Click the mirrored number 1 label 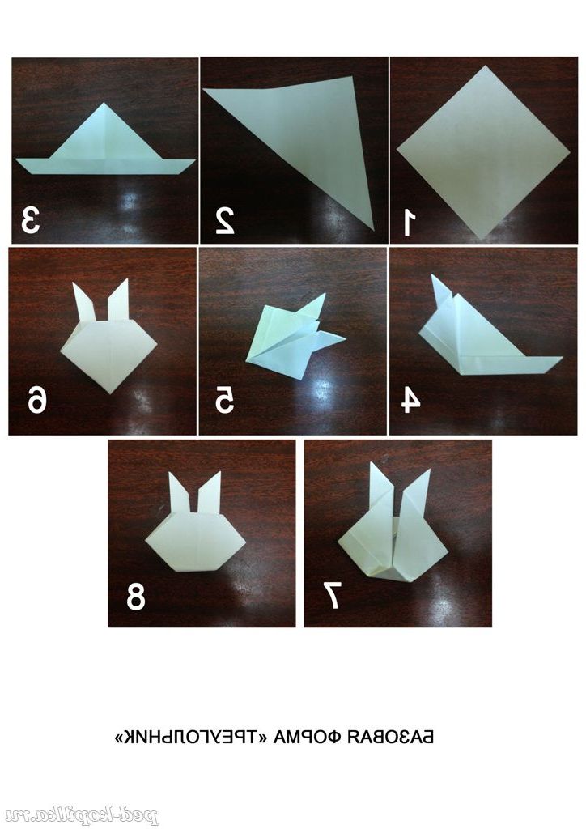click(x=407, y=222)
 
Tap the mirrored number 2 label click(x=225, y=221)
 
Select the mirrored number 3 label click(x=31, y=220)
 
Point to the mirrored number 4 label click(x=410, y=400)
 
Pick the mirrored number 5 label click(x=224, y=400)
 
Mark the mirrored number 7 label click(x=332, y=595)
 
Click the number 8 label click(x=135, y=597)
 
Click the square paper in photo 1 click(x=483, y=151)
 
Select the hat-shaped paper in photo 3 click(x=106, y=142)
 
